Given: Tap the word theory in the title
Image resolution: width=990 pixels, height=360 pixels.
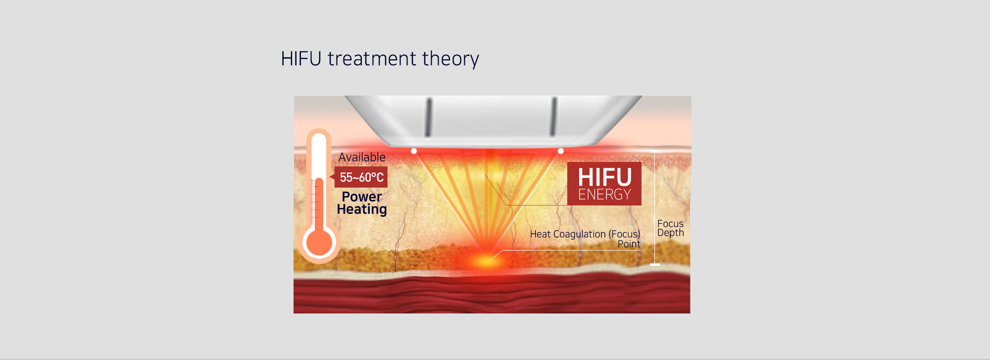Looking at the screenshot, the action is pos(451,59).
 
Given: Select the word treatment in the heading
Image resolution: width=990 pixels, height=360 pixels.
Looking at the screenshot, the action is pos(372,59).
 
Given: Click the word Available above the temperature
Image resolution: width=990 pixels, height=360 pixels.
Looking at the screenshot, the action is pos(362,157).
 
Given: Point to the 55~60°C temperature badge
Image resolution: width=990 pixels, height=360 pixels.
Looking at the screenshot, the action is pos(361,177).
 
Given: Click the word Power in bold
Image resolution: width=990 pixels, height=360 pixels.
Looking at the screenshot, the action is pos(362,197).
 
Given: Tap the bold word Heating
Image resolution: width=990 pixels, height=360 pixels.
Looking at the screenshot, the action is pos(362,209).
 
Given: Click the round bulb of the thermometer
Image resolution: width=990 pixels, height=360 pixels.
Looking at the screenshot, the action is pos(319,243).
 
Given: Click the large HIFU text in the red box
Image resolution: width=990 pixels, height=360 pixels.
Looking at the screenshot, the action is pos(604,177).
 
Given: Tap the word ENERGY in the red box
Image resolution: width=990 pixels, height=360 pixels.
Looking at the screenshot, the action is pos(604,195).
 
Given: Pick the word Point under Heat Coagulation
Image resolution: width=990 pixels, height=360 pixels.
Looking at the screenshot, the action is pos(629,244).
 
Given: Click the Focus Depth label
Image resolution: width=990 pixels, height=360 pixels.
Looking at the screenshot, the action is pos(671,228).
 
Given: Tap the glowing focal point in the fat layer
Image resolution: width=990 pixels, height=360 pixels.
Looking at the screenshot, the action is pos(488,259).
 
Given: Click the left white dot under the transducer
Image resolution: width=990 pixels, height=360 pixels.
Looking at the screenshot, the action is pos(414,151).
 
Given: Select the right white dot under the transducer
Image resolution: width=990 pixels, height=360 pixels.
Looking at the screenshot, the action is pos(560,151).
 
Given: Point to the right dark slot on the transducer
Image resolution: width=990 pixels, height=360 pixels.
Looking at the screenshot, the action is pos(554,117).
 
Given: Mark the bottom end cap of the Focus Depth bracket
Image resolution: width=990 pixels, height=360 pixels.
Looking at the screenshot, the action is pos(655,265).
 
